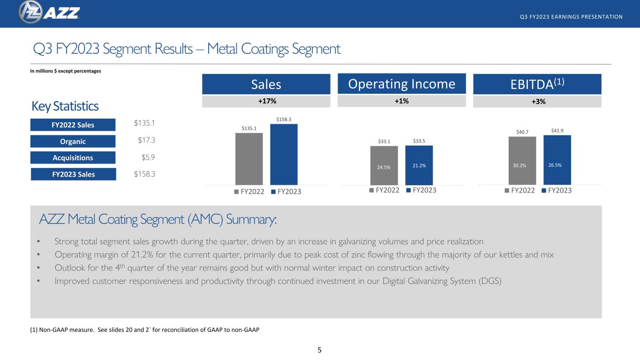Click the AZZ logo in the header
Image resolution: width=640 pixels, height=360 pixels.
coord(49,12)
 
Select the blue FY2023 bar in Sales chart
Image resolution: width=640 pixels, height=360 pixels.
coord(284,154)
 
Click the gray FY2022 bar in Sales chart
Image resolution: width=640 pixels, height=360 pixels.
coord(249,159)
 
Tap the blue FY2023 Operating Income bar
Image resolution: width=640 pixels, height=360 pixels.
coord(419,165)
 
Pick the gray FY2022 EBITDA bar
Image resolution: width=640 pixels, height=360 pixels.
coord(522,161)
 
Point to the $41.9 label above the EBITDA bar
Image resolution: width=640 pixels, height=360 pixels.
coord(557,131)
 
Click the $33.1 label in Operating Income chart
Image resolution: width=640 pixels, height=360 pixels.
coord(384,142)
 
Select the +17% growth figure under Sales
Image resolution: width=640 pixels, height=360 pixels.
coord(267,101)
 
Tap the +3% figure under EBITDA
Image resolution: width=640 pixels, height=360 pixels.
coord(538,101)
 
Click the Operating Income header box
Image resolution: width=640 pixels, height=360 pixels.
coord(402,84)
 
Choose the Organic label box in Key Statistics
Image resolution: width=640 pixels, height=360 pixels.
coord(73,142)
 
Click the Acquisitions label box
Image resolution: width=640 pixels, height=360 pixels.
coord(73,157)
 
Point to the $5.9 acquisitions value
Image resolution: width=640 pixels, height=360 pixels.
coord(148,157)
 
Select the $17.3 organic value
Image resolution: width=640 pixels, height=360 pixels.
coord(146,140)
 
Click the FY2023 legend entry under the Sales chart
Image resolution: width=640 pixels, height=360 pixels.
coord(286,191)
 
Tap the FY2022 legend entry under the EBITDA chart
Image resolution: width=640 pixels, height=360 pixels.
coord(520,190)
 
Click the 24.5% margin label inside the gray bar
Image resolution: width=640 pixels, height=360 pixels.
coord(384,167)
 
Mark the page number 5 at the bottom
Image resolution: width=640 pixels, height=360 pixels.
coord(319,350)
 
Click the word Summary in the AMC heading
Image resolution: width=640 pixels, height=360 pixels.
coord(251,219)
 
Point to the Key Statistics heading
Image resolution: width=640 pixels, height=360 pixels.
coord(65,106)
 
